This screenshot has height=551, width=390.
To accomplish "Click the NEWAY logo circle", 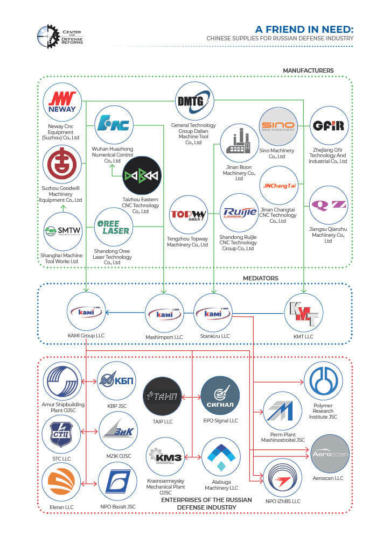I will tap(62, 102).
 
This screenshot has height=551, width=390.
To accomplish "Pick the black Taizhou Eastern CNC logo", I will tap(142, 175).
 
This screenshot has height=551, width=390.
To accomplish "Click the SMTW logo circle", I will tap(62, 231).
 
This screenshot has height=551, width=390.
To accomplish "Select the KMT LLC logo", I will tap(304, 313).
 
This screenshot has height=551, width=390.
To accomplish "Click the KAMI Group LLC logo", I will tap(86, 312).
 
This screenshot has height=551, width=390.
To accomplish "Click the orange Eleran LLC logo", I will tap(62, 482).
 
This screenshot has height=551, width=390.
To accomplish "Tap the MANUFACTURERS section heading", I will tap(308, 70).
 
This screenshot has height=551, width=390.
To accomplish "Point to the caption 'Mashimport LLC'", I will tap(164, 337).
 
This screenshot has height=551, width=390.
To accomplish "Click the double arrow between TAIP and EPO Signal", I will tap(192, 397).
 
